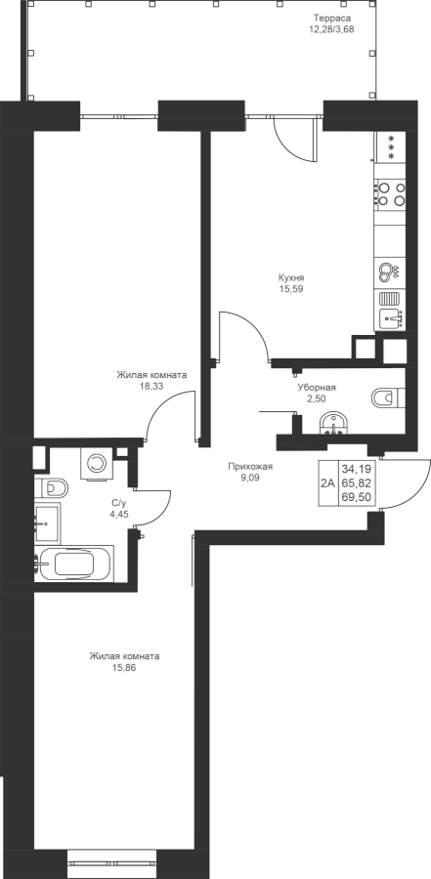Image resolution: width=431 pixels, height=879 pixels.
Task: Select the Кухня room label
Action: pyautogui.click(x=292, y=278)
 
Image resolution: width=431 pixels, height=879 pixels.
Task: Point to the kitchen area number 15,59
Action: pyautogui.click(x=292, y=289)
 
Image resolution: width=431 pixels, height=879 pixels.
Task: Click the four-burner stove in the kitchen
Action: pyautogui.click(x=391, y=193)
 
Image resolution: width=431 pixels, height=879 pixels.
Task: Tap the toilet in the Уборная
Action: pyautogui.click(x=388, y=398)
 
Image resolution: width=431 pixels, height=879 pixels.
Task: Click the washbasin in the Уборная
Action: pyautogui.click(x=334, y=423)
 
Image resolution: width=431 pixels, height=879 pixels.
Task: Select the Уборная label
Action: pyautogui.click(x=317, y=388)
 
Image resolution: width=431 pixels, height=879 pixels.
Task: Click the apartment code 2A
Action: pyautogui.click(x=327, y=483)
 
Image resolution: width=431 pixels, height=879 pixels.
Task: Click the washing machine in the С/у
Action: pyautogui.click(x=97, y=463)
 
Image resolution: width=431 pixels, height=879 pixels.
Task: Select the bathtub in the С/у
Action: pyautogui.click(x=74, y=563)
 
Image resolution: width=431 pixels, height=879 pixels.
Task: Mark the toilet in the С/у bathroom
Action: pyautogui.click(x=51, y=488)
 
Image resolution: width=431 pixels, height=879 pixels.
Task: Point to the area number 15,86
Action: pyautogui.click(x=124, y=668)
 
